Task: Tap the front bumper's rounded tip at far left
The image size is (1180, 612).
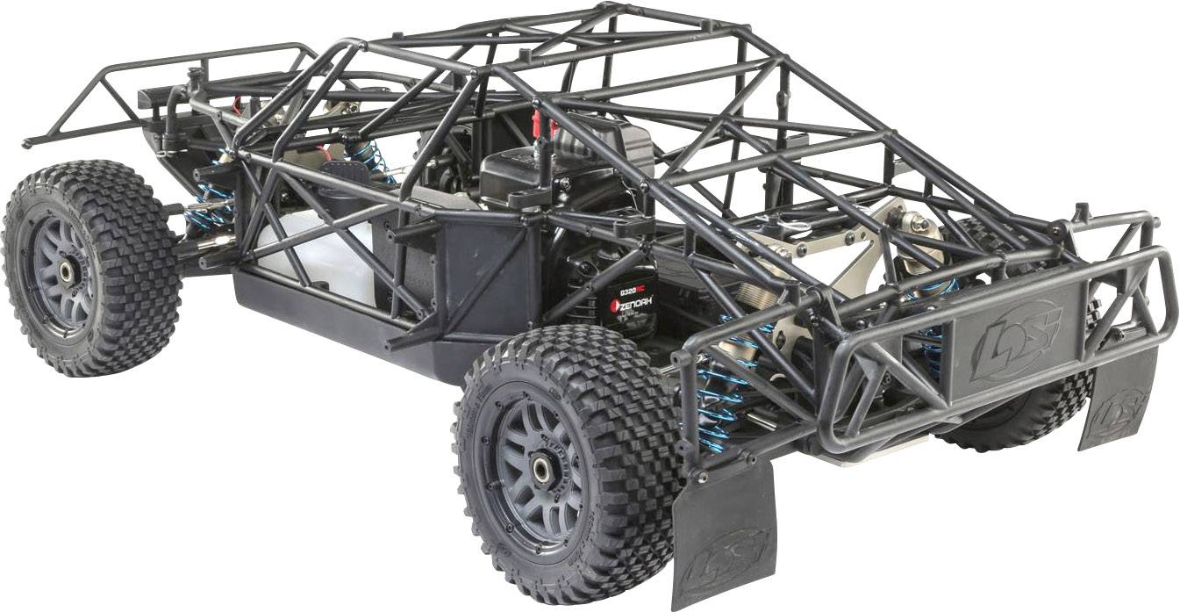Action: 29,142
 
